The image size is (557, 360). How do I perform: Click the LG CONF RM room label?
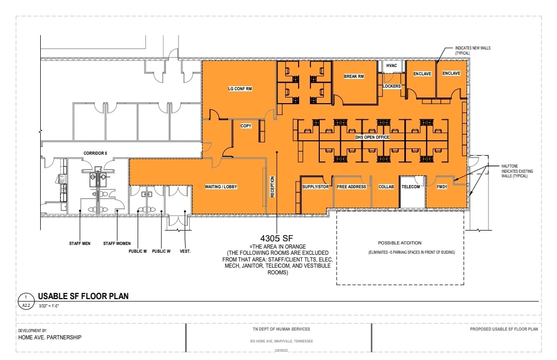(x=240, y=89)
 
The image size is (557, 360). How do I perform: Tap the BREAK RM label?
(x=354, y=77)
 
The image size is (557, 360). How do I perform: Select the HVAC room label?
(x=391, y=66)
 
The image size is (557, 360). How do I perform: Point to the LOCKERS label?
(x=391, y=86)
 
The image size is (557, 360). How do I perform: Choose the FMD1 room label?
(x=441, y=187)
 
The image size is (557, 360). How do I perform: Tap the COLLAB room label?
(x=386, y=187)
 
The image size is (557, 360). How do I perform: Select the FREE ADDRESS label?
(x=352, y=187)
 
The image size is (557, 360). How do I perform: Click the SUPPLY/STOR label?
(x=316, y=187)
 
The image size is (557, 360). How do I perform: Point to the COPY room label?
(x=246, y=126)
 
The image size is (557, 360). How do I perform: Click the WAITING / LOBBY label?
(x=221, y=187)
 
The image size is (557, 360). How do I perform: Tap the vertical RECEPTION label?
(x=272, y=187)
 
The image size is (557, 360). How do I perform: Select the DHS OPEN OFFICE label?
(x=372, y=137)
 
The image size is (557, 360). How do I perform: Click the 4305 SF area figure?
(x=277, y=239)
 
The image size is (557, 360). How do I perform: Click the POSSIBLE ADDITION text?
(x=400, y=243)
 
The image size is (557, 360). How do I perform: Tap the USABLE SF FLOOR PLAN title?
(x=83, y=296)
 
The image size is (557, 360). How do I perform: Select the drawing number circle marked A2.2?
(x=26, y=301)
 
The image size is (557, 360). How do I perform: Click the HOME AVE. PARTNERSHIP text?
(x=50, y=337)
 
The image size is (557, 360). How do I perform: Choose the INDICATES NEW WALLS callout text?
(x=472, y=50)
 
